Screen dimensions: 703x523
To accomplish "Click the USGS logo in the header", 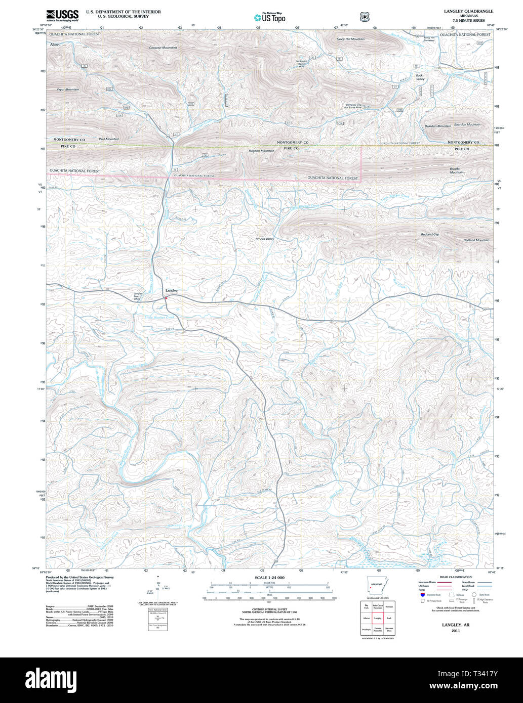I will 62,16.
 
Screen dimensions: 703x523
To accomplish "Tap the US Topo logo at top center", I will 270,17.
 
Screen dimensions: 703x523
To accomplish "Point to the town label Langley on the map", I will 171,290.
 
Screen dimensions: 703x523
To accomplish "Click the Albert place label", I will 55,45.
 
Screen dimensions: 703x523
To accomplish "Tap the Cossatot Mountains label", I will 163,48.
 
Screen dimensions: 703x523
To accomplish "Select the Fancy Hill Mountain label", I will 350,39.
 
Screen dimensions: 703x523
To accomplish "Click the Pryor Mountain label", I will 68,90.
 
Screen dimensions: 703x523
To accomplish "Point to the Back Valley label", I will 420,77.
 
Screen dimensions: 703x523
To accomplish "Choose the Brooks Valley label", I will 265,239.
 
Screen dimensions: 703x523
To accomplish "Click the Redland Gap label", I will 430,235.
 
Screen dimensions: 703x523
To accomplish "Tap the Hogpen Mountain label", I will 262,151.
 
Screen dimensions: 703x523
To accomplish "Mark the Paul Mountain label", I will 109,139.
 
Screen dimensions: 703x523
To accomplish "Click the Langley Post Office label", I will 137,296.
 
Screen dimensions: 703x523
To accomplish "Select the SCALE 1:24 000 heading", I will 270,578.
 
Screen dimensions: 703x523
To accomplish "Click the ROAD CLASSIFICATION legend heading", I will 456,577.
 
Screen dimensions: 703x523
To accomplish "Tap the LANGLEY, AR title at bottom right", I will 456,625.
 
